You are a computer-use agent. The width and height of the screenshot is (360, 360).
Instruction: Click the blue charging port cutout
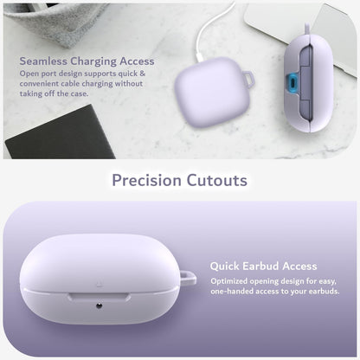(292, 82)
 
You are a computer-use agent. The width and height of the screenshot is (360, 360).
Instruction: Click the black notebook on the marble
(60, 133)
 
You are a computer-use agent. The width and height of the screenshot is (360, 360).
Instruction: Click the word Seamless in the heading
(43, 61)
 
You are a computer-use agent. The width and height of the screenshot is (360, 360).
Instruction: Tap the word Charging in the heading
(93, 61)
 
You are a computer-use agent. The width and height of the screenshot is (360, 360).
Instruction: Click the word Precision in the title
(146, 180)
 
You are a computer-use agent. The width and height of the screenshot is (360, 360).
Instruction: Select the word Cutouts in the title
(217, 180)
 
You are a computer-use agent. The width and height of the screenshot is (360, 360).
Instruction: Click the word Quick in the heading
(225, 266)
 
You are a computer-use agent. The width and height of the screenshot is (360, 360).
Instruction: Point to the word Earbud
(260, 266)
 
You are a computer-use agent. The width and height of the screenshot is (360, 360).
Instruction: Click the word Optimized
(229, 281)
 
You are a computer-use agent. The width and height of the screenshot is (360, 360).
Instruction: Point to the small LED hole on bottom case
(99, 305)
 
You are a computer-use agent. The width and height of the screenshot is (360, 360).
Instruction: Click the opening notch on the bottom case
(99, 297)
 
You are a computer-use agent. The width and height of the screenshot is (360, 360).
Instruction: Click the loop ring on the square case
(248, 79)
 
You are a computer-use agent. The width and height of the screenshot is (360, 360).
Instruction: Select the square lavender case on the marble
(212, 92)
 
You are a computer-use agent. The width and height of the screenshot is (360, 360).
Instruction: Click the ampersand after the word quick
(143, 74)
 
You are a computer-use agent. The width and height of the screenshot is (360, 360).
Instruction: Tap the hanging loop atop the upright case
(307, 29)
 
